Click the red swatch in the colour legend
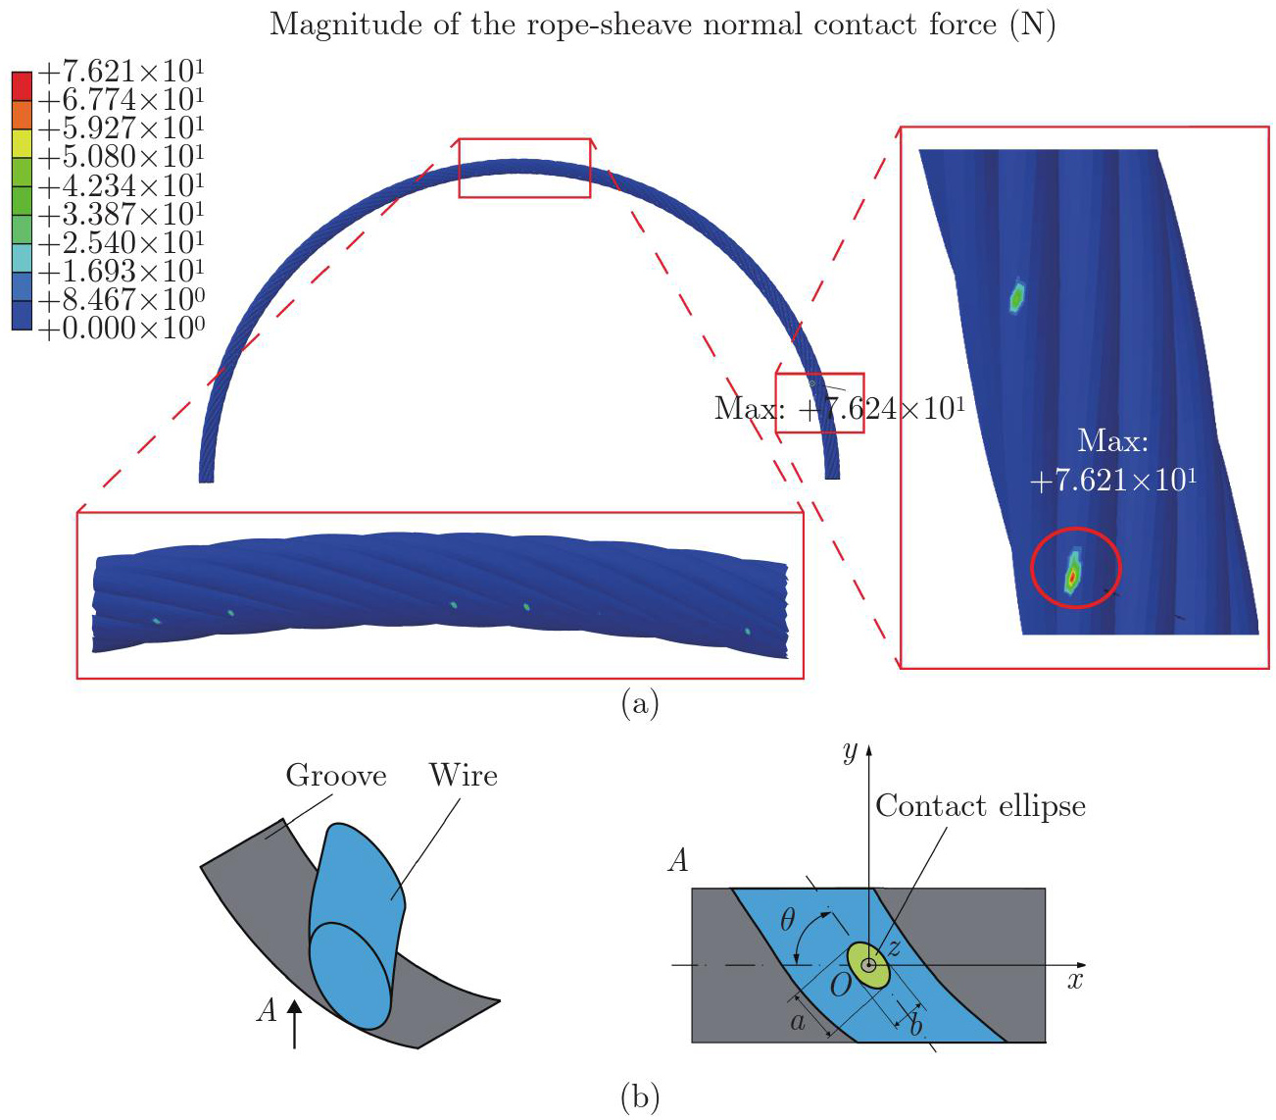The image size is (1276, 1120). (x=22, y=85)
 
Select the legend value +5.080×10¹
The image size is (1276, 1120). (x=121, y=157)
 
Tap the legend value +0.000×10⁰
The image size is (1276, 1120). (x=121, y=329)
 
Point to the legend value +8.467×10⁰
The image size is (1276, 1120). (x=121, y=300)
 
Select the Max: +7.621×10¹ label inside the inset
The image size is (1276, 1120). (x=1113, y=460)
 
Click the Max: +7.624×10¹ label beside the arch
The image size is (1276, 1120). (x=839, y=408)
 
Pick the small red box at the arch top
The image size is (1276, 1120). (x=525, y=168)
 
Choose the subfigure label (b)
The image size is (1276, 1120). (x=640, y=1096)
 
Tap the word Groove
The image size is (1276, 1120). (x=336, y=776)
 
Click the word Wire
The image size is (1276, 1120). (x=464, y=776)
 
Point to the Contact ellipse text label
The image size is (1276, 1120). (x=980, y=806)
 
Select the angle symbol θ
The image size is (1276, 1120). (x=788, y=920)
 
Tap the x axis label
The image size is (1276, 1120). (x=1075, y=980)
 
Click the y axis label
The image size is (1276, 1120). (x=850, y=751)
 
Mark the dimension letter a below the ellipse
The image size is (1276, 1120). (x=798, y=1022)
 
